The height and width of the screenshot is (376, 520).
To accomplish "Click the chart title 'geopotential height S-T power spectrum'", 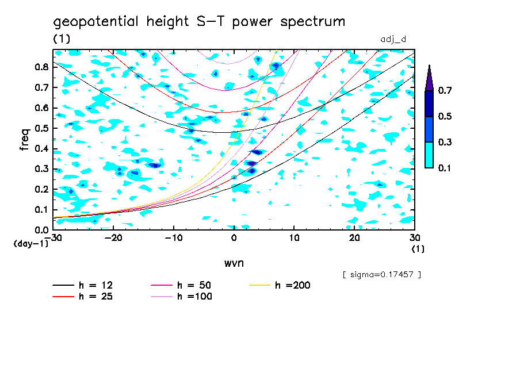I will [199, 22].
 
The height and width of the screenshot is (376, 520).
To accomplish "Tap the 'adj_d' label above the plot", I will [394, 39].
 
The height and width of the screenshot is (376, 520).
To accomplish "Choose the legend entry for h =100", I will [183, 297].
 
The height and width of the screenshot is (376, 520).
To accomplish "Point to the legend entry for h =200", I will [282, 285].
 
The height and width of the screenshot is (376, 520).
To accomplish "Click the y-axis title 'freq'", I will [24, 140].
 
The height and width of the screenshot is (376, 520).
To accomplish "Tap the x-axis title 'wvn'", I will [234, 263].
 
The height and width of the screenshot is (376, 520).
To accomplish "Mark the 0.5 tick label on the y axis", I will [41, 128].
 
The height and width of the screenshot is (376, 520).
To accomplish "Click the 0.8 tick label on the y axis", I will [41, 67].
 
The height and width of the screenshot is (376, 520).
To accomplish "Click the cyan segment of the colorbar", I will [429, 155].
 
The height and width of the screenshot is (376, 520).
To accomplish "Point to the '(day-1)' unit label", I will [30, 244].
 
